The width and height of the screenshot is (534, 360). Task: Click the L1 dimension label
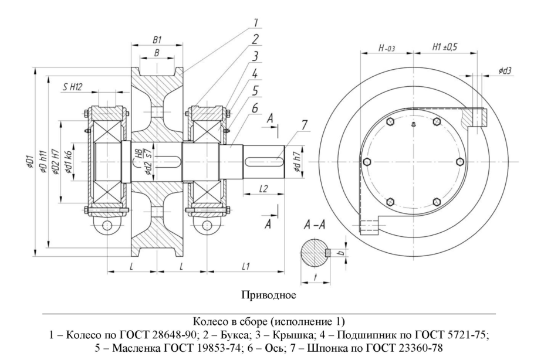pyautogui.click(x=246, y=266)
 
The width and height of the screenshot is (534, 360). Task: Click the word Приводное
pyautogui.click(x=266, y=293)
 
